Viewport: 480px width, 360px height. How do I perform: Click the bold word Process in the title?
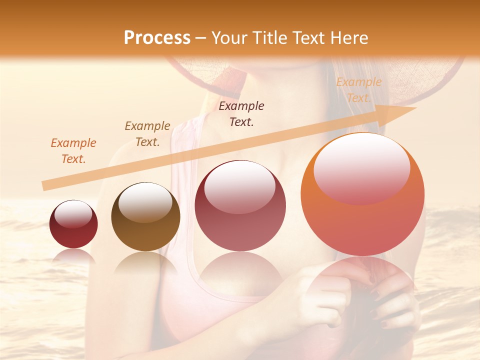pyautogui.click(x=157, y=38)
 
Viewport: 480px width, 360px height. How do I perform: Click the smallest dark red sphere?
pyautogui.click(x=73, y=224)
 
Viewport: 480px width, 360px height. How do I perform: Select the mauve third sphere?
pyautogui.click(x=240, y=206)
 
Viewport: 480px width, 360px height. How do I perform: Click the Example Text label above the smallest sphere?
pyautogui.click(x=73, y=151)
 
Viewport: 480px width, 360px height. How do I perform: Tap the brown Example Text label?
pyautogui.click(x=147, y=134)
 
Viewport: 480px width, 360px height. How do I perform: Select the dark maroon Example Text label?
pyautogui.click(x=241, y=114)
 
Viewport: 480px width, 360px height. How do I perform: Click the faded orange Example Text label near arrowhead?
pyautogui.click(x=358, y=90)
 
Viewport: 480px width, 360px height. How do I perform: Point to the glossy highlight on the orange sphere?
pyautogui.click(x=361, y=169)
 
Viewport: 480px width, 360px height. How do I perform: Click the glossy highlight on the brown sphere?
pyautogui.click(x=145, y=201)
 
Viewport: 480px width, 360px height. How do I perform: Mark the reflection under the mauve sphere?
pyautogui.click(x=240, y=270)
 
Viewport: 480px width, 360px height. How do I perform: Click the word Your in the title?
pyautogui.click(x=228, y=38)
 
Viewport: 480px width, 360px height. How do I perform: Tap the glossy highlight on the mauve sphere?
pyautogui.click(x=240, y=186)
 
